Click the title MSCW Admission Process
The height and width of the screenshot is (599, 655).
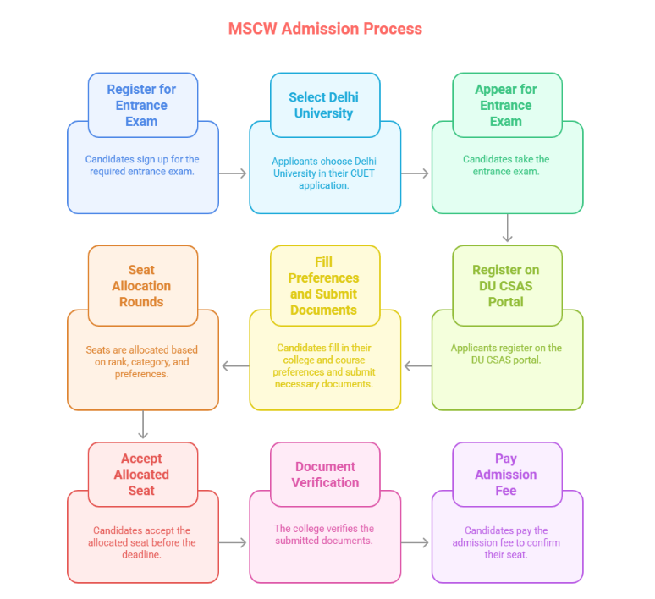coord(325,29)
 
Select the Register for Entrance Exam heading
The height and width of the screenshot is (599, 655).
coord(142,105)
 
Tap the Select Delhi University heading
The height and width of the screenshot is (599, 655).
coord(323,105)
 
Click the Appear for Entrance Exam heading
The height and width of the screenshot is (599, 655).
coord(506,105)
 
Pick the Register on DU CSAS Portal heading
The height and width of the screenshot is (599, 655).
coord(506,286)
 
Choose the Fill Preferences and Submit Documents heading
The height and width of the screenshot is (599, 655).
coord(323,286)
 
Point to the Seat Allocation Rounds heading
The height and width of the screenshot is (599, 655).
coord(142,286)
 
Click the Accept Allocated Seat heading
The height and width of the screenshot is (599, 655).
coord(142,475)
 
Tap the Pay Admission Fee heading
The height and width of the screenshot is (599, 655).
coord(506,475)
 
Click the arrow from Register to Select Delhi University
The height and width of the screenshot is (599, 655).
coord(234,173)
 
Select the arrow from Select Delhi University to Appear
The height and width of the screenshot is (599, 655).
coord(416,173)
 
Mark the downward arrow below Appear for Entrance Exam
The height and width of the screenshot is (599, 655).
coord(507,228)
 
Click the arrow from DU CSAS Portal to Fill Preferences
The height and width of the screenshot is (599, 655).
coord(417,366)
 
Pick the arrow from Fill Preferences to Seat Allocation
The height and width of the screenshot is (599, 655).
coord(235,366)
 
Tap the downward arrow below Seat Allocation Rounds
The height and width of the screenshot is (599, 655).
coord(143,425)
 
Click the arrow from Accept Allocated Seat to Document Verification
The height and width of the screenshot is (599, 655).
coord(234,542)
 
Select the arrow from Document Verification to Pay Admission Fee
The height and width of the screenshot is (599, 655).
coord(416,542)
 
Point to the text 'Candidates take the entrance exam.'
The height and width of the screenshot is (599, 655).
coord(506,165)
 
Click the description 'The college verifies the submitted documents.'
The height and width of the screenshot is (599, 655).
coord(324,535)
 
